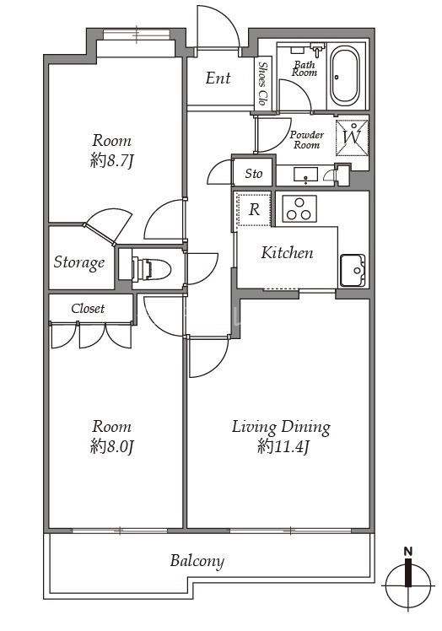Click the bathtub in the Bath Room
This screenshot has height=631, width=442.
[x=345, y=76]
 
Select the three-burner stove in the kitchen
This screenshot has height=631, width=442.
[x=299, y=209]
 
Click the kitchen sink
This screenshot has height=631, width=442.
[x=353, y=271]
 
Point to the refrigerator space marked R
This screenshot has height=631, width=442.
[x=254, y=209]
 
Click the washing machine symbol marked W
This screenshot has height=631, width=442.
[x=352, y=137]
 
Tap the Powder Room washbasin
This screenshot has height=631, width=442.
[x=306, y=175]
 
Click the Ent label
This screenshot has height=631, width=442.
[x=218, y=78]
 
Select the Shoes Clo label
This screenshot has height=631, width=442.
[x=263, y=84]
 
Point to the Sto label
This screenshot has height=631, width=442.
[x=254, y=174]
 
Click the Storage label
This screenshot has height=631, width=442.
[x=79, y=263]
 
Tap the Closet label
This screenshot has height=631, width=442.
[x=88, y=309]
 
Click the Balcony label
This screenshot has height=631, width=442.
[x=197, y=561]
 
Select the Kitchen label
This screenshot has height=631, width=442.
[x=287, y=253]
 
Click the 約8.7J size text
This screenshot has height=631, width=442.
[x=111, y=161]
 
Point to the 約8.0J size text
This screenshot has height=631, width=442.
[x=111, y=447]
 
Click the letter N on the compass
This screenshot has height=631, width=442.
[x=408, y=552]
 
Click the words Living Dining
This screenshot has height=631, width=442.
[x=281, y=428]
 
